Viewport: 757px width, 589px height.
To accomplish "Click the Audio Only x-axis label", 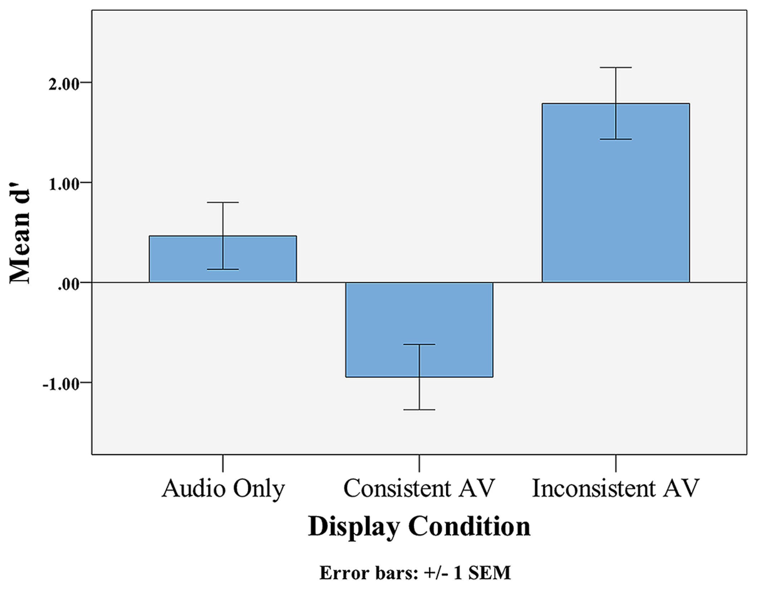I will (223, 488).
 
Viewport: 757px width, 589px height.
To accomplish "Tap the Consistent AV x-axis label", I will (419, 488).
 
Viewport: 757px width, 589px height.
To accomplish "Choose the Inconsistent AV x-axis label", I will (616, 488).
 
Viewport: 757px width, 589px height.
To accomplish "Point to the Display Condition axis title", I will (419, 526).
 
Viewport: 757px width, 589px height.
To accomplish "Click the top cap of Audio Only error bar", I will (223, 203).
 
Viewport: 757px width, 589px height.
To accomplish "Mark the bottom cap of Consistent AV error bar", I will (419, 410).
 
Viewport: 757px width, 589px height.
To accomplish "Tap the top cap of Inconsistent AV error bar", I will (616, 67).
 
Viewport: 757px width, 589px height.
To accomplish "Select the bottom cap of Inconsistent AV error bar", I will (616, 139).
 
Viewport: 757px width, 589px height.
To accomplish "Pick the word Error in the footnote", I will (341, 573).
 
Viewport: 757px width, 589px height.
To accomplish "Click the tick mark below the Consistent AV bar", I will (419, 463).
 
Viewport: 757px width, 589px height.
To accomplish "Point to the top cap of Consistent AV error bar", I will (419, 345).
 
